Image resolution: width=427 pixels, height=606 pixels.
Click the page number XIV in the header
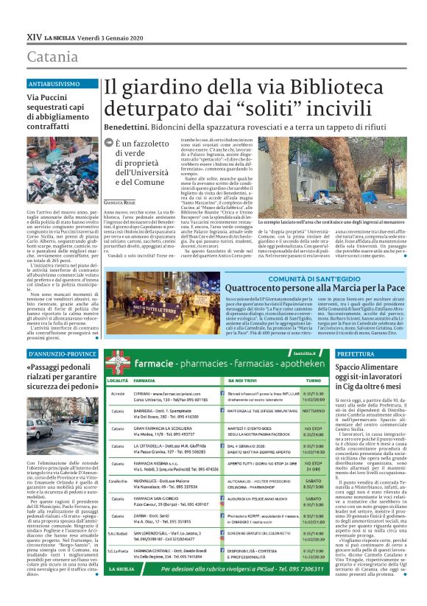(33, 35)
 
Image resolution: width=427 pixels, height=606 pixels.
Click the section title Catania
(52, 57)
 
